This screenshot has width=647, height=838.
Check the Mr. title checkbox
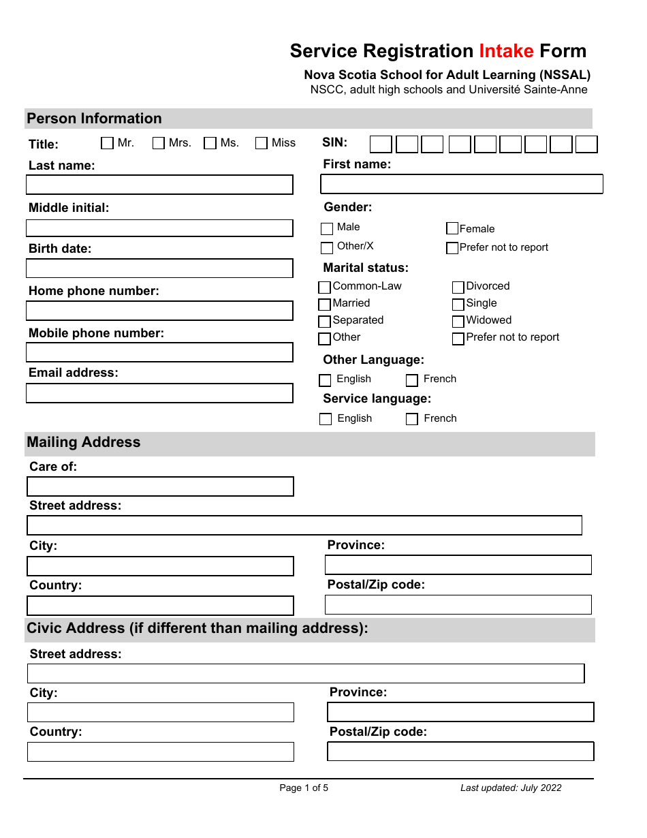coord(108,143)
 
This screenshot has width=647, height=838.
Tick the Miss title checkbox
coord(262,143)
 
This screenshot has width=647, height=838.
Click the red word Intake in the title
coord(506,51)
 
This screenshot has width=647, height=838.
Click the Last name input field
coord(159,185)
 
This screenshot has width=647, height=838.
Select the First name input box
coord(462,184)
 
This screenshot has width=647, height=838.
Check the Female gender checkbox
coord(452,228)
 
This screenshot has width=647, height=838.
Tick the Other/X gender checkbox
coord(327,247)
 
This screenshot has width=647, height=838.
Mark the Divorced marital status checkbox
coord(458,287)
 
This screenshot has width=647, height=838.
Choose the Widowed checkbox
coord(458,321)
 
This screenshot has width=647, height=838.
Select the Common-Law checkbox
coord(325,287)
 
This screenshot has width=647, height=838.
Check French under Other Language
coord(412,380)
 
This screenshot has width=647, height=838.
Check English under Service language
coord(326,419)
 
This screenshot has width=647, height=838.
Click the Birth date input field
coord(159,268)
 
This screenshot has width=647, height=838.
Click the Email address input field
coord(159,393)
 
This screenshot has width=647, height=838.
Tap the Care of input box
coord(160,486)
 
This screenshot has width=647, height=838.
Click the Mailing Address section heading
coord(84,442)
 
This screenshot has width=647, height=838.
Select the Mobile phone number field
coord(159,352)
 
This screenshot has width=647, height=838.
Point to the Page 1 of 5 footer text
coord(304,788)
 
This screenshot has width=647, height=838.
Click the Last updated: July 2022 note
coord(511,788)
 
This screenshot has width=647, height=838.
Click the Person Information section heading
coord(94,119)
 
